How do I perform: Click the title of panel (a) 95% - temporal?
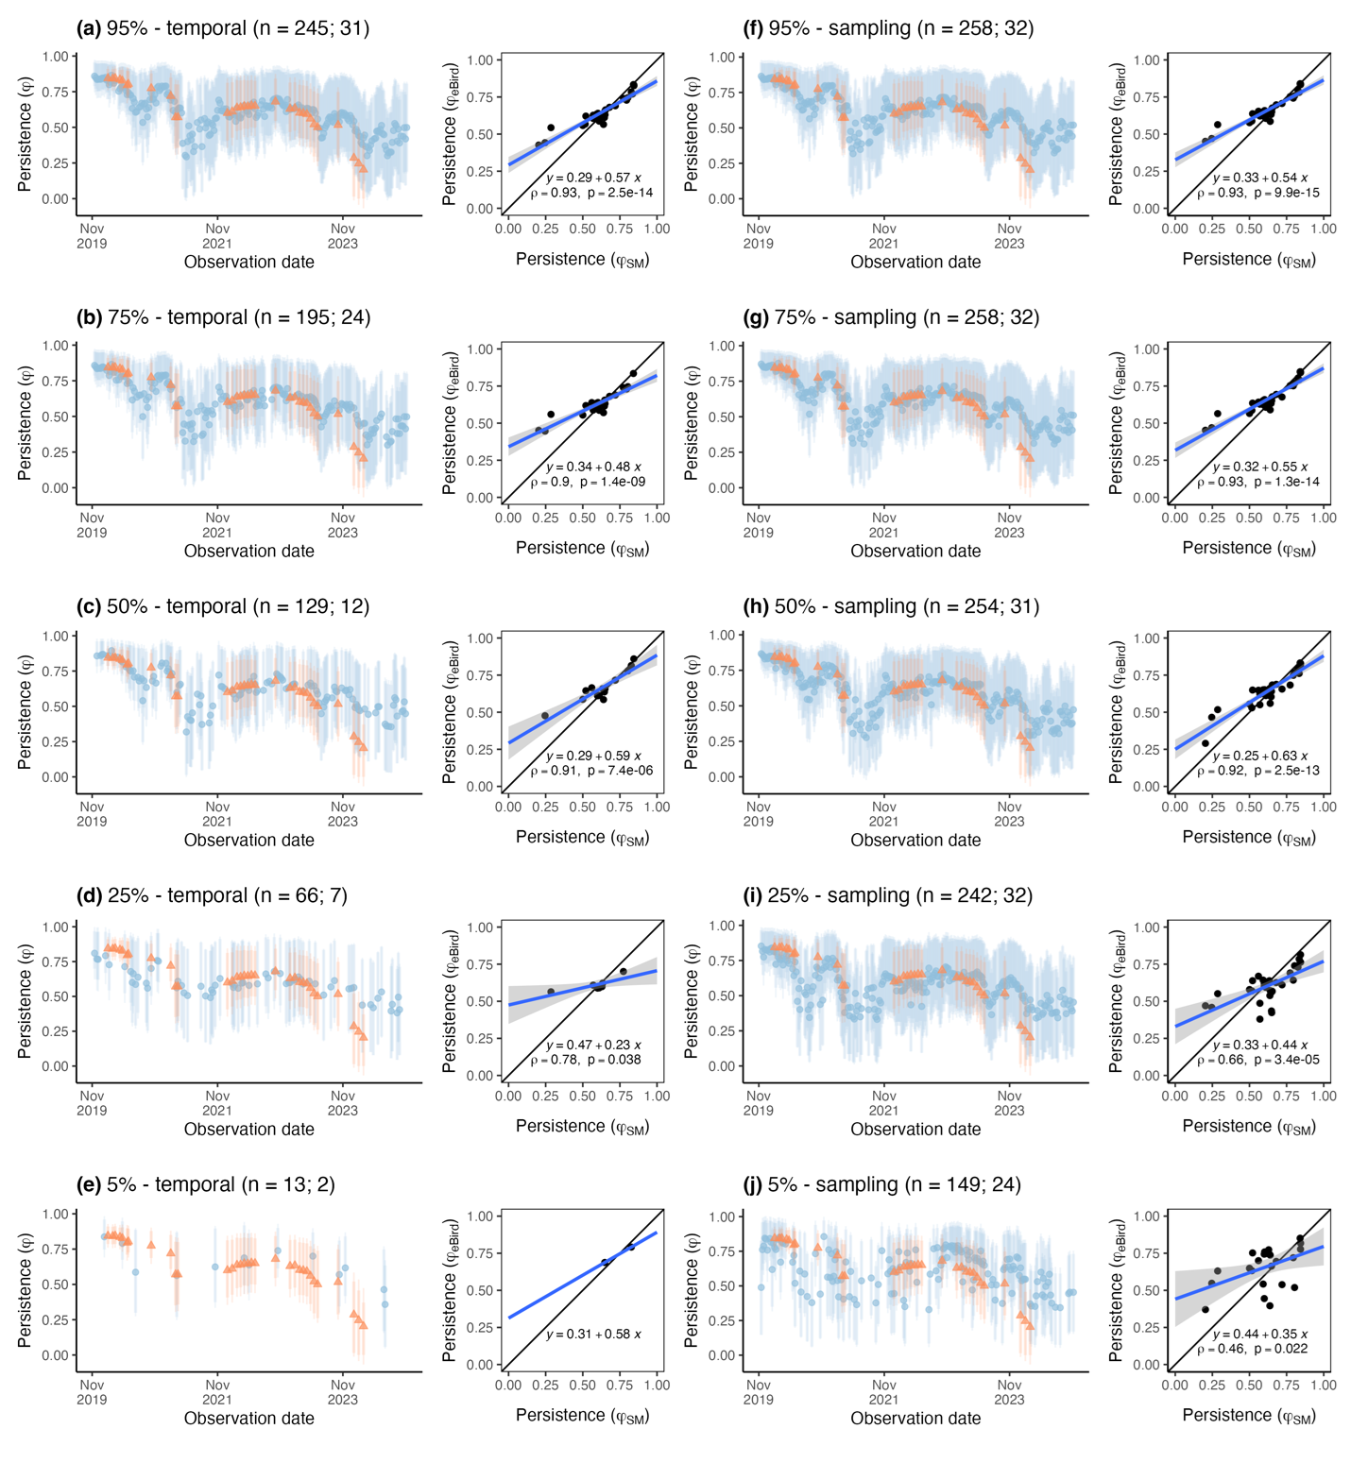coord(223,28)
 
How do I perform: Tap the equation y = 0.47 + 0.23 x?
coord(593,1045)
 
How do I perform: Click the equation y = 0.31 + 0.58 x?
coord(593,1334)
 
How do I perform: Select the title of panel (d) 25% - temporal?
coord(212,895)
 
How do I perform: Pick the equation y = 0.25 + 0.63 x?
coord(1260,756)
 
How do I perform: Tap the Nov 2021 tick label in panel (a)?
coord(217,235)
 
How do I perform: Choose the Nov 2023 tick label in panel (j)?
coord(1009,1391)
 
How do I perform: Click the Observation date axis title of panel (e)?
coord(249,1418)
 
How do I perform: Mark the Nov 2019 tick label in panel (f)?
coord(758,235)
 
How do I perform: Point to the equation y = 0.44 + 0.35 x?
coord(1260,1334)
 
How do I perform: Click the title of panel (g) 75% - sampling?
coord(892,317)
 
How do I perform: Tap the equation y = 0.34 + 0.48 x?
coord(593,467)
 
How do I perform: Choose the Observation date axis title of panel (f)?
coord(915,262)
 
